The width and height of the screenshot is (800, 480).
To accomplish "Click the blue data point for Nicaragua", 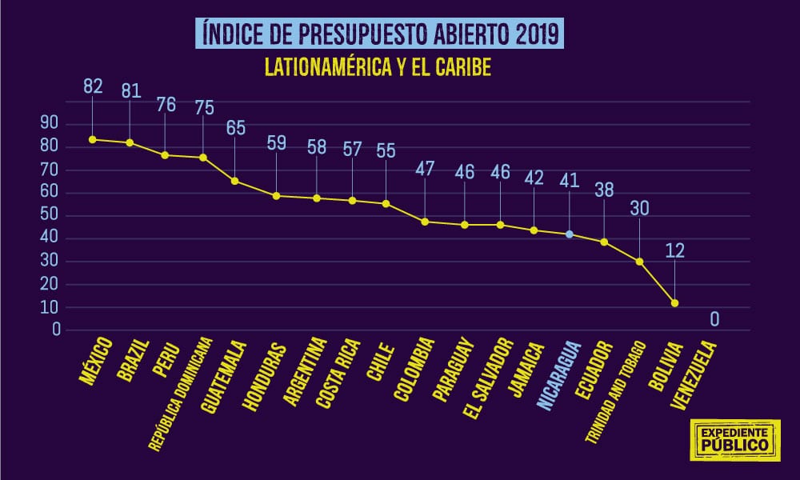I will coord(570,234).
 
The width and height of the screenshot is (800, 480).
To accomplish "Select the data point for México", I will coord(92,139).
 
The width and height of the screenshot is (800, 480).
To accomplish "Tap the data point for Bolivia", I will coord(674,303).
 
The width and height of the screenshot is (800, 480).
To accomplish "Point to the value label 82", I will coord(93,86).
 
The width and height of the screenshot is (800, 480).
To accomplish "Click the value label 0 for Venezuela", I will coord(714,320).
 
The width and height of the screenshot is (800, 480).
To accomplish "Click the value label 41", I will coord(570,181).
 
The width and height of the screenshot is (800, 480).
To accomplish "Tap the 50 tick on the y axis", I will coord(50,215).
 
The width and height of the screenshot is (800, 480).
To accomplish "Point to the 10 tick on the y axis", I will coord(50,307).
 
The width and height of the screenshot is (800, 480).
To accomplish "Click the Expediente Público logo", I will coord(734,438).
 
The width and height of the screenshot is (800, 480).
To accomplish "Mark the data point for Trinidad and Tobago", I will coord(639,262).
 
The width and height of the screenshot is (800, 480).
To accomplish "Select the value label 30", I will coord(639,208).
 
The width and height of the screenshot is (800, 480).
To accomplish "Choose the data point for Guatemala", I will coord(234,181).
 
